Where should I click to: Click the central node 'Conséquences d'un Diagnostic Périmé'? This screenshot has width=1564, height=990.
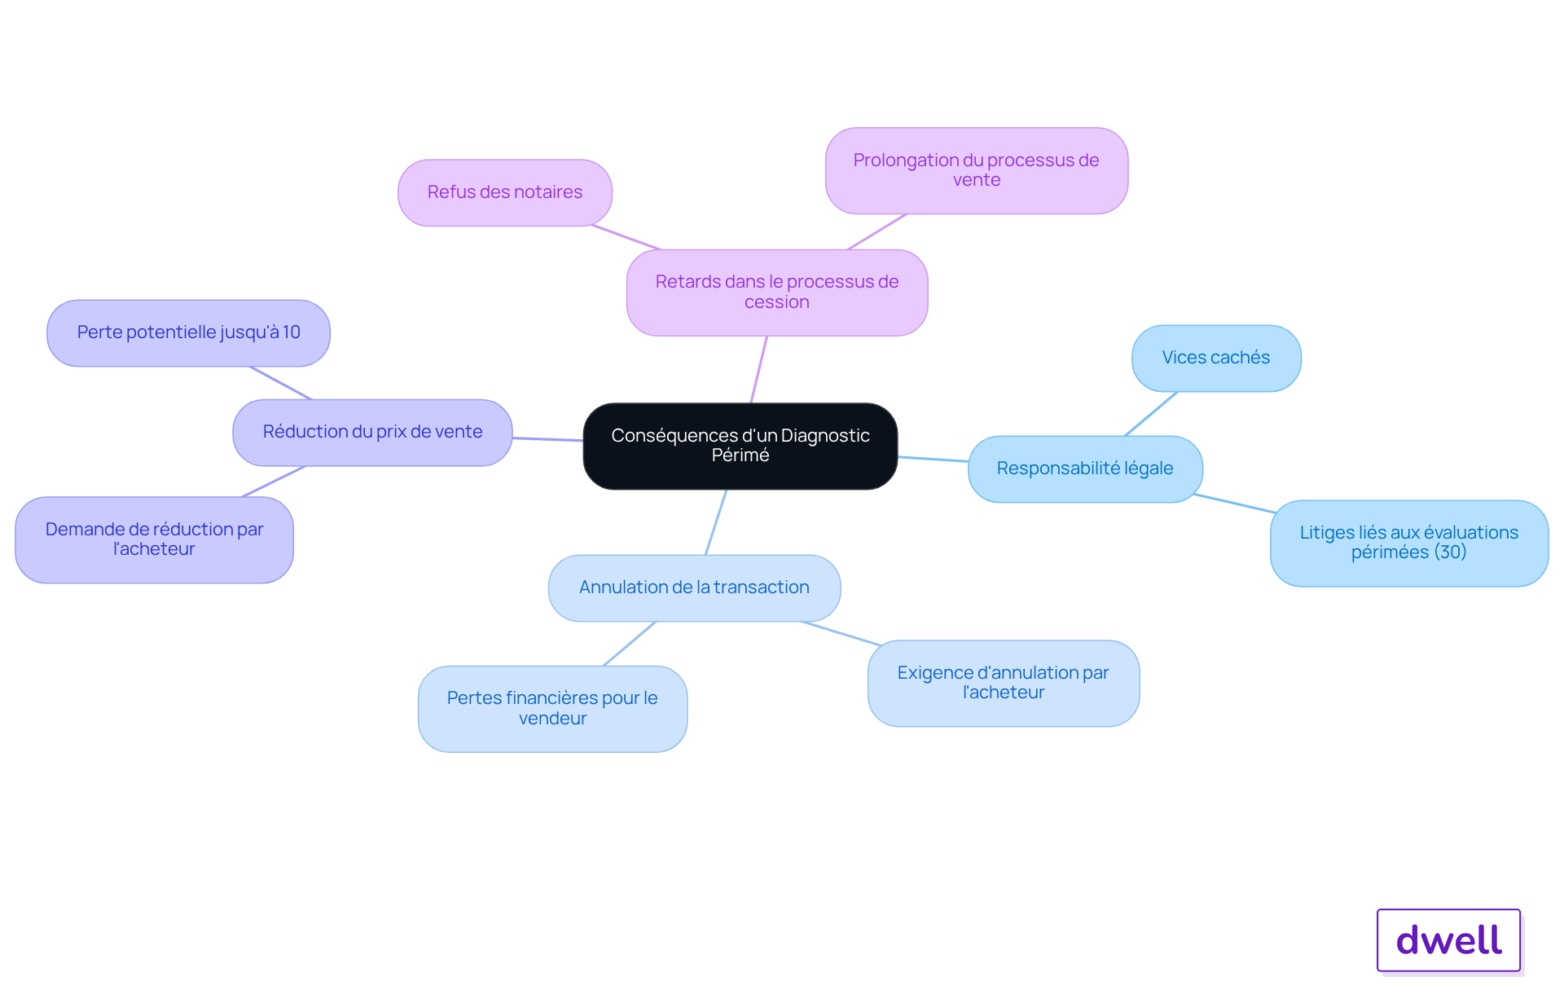[740, 446]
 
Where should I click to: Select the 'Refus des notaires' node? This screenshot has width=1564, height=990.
[505, 192]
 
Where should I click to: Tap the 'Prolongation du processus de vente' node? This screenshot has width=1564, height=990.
[977, 170]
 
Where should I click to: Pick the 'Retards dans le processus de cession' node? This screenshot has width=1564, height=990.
[777, 293]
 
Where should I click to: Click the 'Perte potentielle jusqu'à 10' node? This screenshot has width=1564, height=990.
[188, 332]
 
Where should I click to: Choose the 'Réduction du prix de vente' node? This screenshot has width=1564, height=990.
[372, 432]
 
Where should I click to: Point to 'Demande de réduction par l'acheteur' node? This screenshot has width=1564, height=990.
[154, 539]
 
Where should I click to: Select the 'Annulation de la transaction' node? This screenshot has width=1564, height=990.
[694, 587]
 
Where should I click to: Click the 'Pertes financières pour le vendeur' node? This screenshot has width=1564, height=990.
[552, 708]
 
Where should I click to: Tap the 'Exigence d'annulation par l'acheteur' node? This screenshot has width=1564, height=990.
[1004, 683]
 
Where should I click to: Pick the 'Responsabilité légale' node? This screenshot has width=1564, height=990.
[1085, 469]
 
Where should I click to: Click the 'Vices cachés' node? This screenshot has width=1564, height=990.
[1216, 358]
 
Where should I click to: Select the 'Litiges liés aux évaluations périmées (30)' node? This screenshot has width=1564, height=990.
[1409, 543]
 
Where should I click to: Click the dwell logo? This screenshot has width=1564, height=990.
[1449, 940]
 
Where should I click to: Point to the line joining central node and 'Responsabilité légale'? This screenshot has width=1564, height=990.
[933, 459]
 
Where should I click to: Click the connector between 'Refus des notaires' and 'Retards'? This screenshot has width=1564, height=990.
[626, 237]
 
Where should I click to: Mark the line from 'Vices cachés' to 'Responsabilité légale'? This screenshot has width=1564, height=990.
[1151, 414]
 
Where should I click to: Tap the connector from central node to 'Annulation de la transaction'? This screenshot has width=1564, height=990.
[715, 522]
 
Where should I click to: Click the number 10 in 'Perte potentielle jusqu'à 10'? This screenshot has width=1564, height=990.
[292, 332]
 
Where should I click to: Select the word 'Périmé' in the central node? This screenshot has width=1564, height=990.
[740, 455]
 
